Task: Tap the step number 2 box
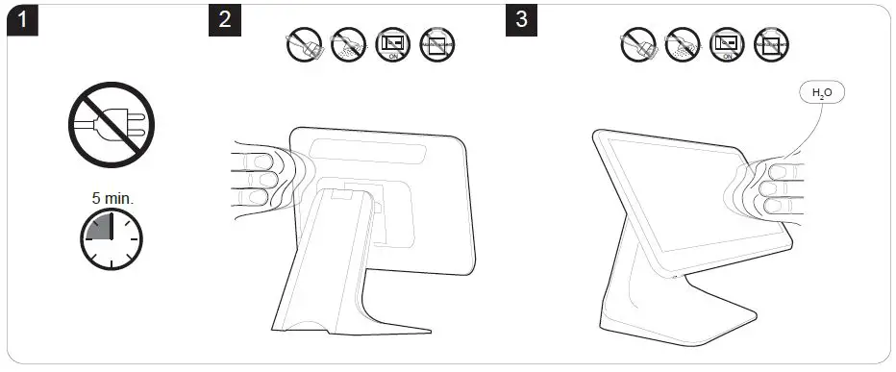[x=225, y=21]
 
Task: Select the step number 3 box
[x=522, y=21]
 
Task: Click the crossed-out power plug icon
[x=111, y=122]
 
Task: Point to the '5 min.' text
[x=112, y=198]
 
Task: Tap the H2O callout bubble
[x=823, y=93]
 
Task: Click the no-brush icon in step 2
[x=304, y=44]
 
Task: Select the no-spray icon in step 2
[x=348, y=44]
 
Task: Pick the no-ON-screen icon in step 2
[x=392, y=44]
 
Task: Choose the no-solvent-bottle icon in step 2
[x=436, y=44]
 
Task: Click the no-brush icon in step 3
[x=637, y=44]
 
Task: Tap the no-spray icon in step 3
[x=682, y=44]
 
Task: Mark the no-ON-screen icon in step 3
[x=727, y=44]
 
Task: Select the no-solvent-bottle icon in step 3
[x=771, y=44]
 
